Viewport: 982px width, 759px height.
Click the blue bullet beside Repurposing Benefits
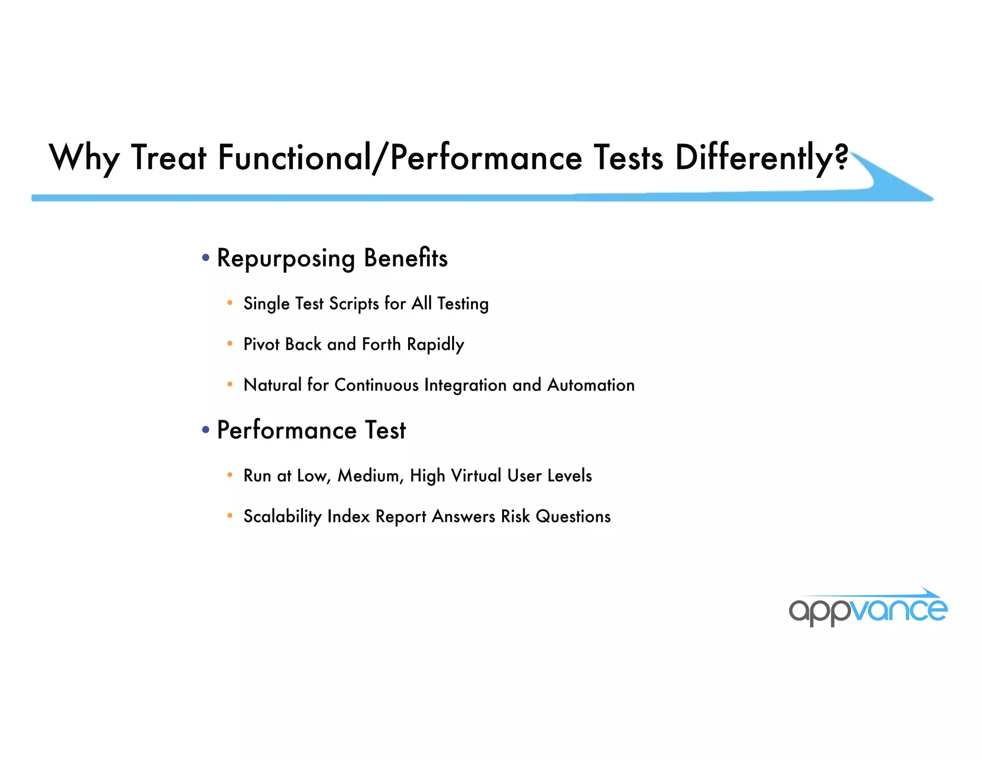[206, 258]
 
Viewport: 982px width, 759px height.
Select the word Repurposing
[286, 259]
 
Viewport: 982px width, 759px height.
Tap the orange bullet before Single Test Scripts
[230, 303]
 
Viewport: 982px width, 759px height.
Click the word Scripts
[354, 304]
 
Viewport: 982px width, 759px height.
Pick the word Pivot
[261, 344]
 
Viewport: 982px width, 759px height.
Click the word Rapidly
[435, 345]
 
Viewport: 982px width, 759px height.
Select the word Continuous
[376, 385]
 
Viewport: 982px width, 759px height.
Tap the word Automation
[591, 385]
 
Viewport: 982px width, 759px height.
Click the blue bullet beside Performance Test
[206, 430]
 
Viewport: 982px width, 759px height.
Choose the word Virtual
[476, 475]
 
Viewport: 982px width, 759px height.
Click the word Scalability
[282, 517]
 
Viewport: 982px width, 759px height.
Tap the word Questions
[573, 517]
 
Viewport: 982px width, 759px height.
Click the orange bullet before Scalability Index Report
[230, 516]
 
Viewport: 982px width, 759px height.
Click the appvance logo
[868, 608]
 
